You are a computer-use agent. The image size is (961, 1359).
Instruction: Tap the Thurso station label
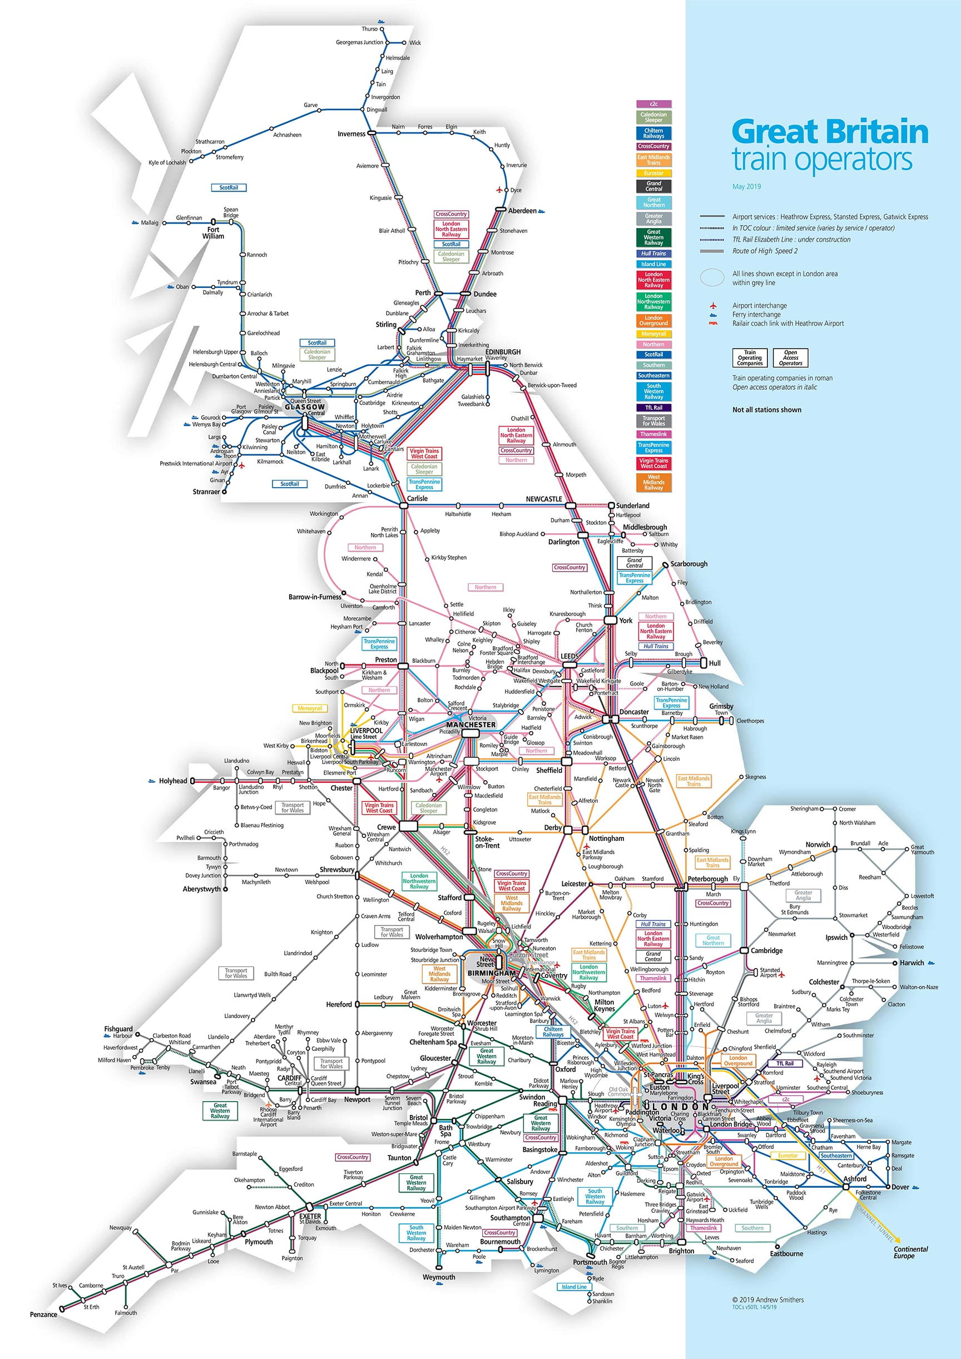(369, 29)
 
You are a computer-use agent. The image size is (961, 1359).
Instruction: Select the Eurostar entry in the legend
(653, 173)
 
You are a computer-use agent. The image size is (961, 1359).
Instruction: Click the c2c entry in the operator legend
(653, 104)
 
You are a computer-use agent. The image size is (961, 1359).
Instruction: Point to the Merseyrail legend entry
(653, 334)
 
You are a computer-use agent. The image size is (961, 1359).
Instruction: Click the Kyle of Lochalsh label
(167, 162)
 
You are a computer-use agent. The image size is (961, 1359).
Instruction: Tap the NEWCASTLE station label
(543, 499)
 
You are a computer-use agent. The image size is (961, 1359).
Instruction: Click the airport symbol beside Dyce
(499, 190)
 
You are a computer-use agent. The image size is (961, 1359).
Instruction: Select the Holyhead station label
(172, 781)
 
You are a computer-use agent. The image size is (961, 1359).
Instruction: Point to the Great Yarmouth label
(922, 850)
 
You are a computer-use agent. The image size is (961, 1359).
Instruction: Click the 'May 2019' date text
(746, 186)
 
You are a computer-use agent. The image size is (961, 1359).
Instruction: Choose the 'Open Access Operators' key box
(790, 358)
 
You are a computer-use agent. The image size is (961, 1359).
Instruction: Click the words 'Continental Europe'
(911, 1252)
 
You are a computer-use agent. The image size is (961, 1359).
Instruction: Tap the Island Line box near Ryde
(574, 1287)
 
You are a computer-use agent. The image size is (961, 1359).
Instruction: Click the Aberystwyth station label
(201, 889)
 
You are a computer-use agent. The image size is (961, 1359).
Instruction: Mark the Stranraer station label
(206, 492)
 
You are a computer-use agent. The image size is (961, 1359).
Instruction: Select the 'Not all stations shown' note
(766, 410)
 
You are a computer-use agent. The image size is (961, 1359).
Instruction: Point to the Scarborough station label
(688, 563)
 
